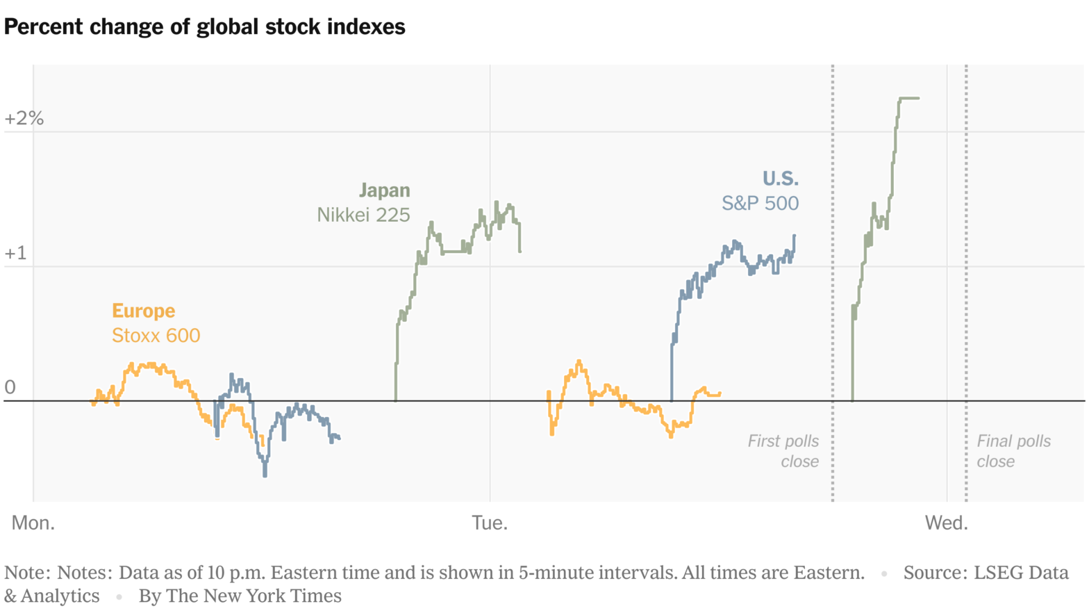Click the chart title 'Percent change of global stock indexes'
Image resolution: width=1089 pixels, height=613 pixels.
coord(205,27)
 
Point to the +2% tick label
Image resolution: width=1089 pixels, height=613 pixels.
coord(24,118)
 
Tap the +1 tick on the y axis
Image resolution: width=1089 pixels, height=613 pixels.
coord(15,253)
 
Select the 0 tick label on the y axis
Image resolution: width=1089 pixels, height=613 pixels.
coord(10,387)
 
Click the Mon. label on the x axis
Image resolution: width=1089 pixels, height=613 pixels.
coord(33,523)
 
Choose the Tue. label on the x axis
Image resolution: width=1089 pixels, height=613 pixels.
coord(490,523)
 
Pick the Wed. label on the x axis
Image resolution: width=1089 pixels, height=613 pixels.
coord(946,523)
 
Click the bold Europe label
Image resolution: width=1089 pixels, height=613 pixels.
coord(144,311)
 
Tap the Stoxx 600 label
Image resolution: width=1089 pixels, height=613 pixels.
coord(156,336)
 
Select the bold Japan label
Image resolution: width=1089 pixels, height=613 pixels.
coord(384,190)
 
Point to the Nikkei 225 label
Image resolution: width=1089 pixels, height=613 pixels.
coord(363,215)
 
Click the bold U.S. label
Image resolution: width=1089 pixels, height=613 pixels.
coord(780,179)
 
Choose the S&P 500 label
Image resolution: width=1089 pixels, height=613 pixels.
coord(760,203)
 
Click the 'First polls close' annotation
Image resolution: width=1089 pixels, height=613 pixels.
coord(784,451)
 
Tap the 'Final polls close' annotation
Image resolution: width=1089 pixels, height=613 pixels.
coord(1013,451)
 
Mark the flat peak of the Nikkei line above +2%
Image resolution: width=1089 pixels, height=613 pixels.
coord(909,98)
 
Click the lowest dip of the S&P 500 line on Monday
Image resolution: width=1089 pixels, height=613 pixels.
coord(265,475)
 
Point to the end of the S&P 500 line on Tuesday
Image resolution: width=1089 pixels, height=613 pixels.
coord(794,236)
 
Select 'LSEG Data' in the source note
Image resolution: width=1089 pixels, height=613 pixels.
coord(1020,573)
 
